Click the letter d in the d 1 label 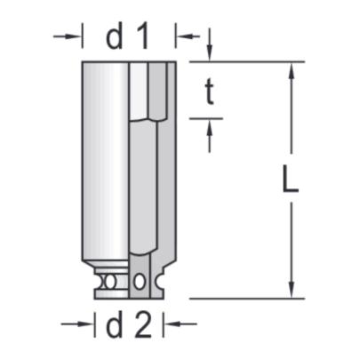(x=114, y=36)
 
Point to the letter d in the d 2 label (x=114, y=326)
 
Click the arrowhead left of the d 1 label (x=75, y=36)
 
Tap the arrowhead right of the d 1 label (x=183, y=36)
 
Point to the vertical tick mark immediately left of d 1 (x=83, y=36)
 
